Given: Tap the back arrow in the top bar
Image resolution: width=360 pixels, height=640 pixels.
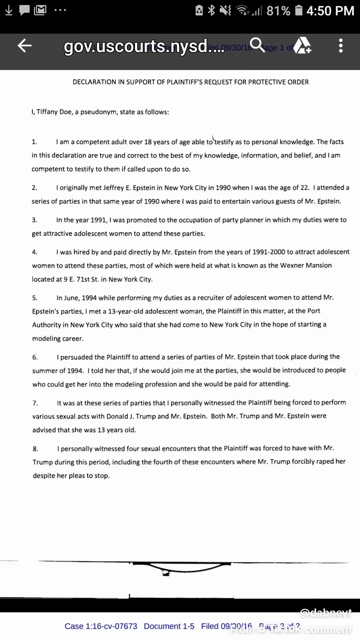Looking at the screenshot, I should (24, 46).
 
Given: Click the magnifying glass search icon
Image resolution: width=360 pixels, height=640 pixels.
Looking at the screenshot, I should (257, 45).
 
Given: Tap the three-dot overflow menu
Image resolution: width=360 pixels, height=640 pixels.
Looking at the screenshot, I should (340, 46).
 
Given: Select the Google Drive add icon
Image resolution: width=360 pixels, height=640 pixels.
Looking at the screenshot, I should (302, 46).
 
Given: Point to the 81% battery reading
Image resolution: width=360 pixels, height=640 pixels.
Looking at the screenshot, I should (278, 11).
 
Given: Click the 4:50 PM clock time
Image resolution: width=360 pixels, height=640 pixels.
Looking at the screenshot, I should (330, 11).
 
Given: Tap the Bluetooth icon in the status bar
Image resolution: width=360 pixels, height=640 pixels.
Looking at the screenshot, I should (211, 11).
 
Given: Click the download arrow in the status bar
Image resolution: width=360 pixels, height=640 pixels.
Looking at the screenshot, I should (9, 11).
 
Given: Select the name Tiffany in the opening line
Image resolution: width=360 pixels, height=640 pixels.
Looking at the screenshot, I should (47, 112).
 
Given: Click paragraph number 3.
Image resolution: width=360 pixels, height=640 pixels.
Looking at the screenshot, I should (34, 220).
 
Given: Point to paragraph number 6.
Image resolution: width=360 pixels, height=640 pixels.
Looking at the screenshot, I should (35, 357).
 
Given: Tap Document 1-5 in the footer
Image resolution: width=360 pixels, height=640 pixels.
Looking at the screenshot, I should (169, 626).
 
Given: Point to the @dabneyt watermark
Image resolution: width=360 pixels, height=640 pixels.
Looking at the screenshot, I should (326, 613).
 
